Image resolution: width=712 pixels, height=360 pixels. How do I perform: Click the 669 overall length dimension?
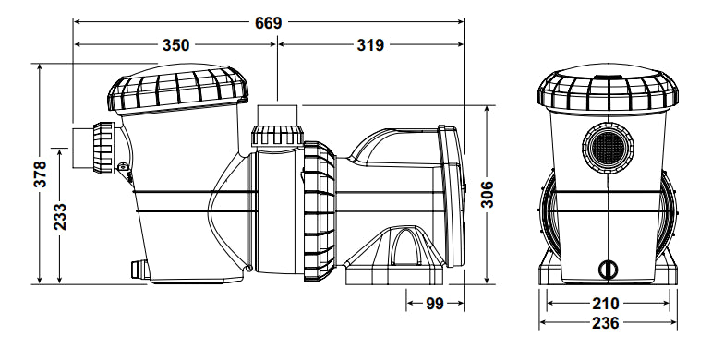[269, 23]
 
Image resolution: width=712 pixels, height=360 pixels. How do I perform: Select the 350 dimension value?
[175, 45]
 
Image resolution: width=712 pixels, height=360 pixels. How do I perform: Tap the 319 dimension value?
[370, 45]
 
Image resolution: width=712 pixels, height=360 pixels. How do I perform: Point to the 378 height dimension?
[40, 174]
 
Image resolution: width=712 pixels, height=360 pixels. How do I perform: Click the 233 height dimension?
[60, 217]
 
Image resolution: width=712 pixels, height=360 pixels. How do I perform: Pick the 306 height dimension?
[487, 194]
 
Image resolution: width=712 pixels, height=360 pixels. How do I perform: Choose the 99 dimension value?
[435, 304]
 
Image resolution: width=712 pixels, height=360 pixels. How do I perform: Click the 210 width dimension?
[605, 303]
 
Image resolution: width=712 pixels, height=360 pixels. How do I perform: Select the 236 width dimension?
[605, 323]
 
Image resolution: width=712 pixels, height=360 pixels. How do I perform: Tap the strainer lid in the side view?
[177, 88]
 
